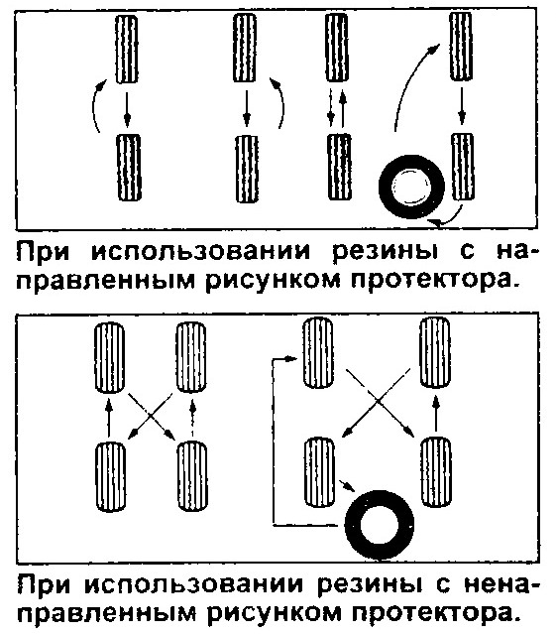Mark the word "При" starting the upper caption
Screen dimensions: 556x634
[43, 251]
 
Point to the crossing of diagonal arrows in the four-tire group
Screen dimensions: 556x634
[151, 416]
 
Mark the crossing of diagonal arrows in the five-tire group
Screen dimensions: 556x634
[378, 400]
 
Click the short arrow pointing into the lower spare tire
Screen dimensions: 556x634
[347, 485]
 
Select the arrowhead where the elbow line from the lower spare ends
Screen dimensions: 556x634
[292, 358]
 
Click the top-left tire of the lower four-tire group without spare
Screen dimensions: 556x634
[109, 357]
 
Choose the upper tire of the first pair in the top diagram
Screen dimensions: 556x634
[127, 49]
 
